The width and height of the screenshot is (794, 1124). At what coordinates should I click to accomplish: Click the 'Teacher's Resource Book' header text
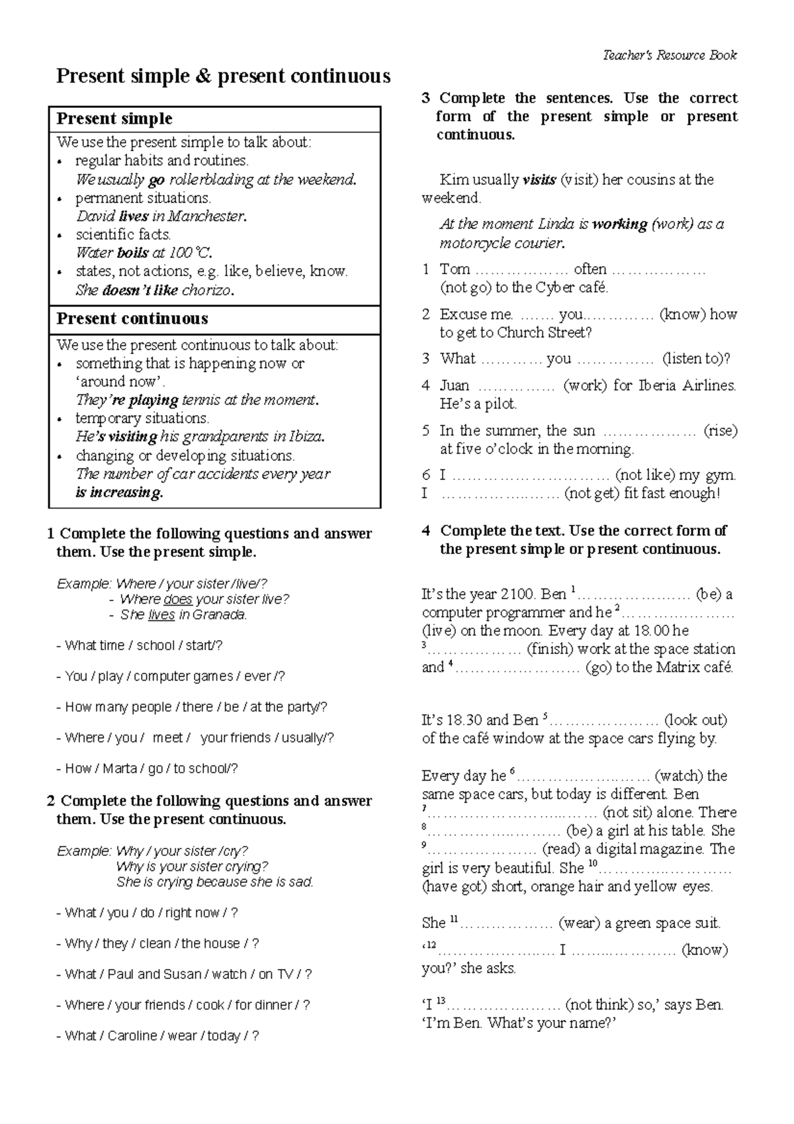click(x=670, y=56)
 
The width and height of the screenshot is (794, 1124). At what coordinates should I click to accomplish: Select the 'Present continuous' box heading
click(x=132, y=319)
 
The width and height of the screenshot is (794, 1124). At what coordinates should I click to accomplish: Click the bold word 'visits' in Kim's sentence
click(x=539, y=180)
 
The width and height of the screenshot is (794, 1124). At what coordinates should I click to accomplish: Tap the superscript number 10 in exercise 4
click(x=592, y=864)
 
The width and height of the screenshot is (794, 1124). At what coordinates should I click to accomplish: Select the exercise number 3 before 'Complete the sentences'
click(x=426, y=99)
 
